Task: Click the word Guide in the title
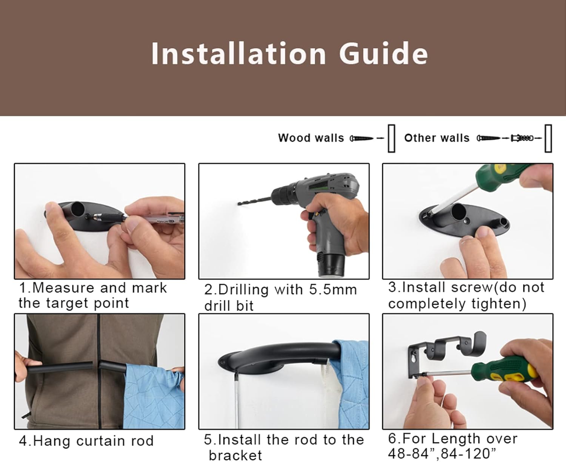tap(383, 53)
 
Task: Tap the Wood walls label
tap(311, 138)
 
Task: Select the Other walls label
tap(437, 138)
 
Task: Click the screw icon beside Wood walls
tap(361, 138)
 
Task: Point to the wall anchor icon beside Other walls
tap(522, 138)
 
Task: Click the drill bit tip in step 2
tap(239, 204)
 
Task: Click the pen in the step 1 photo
tap(151, 218)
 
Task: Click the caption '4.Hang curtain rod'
tap(86, 441)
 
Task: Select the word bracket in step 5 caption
tap(235, 455)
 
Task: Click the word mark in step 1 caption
tap(149, 288)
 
